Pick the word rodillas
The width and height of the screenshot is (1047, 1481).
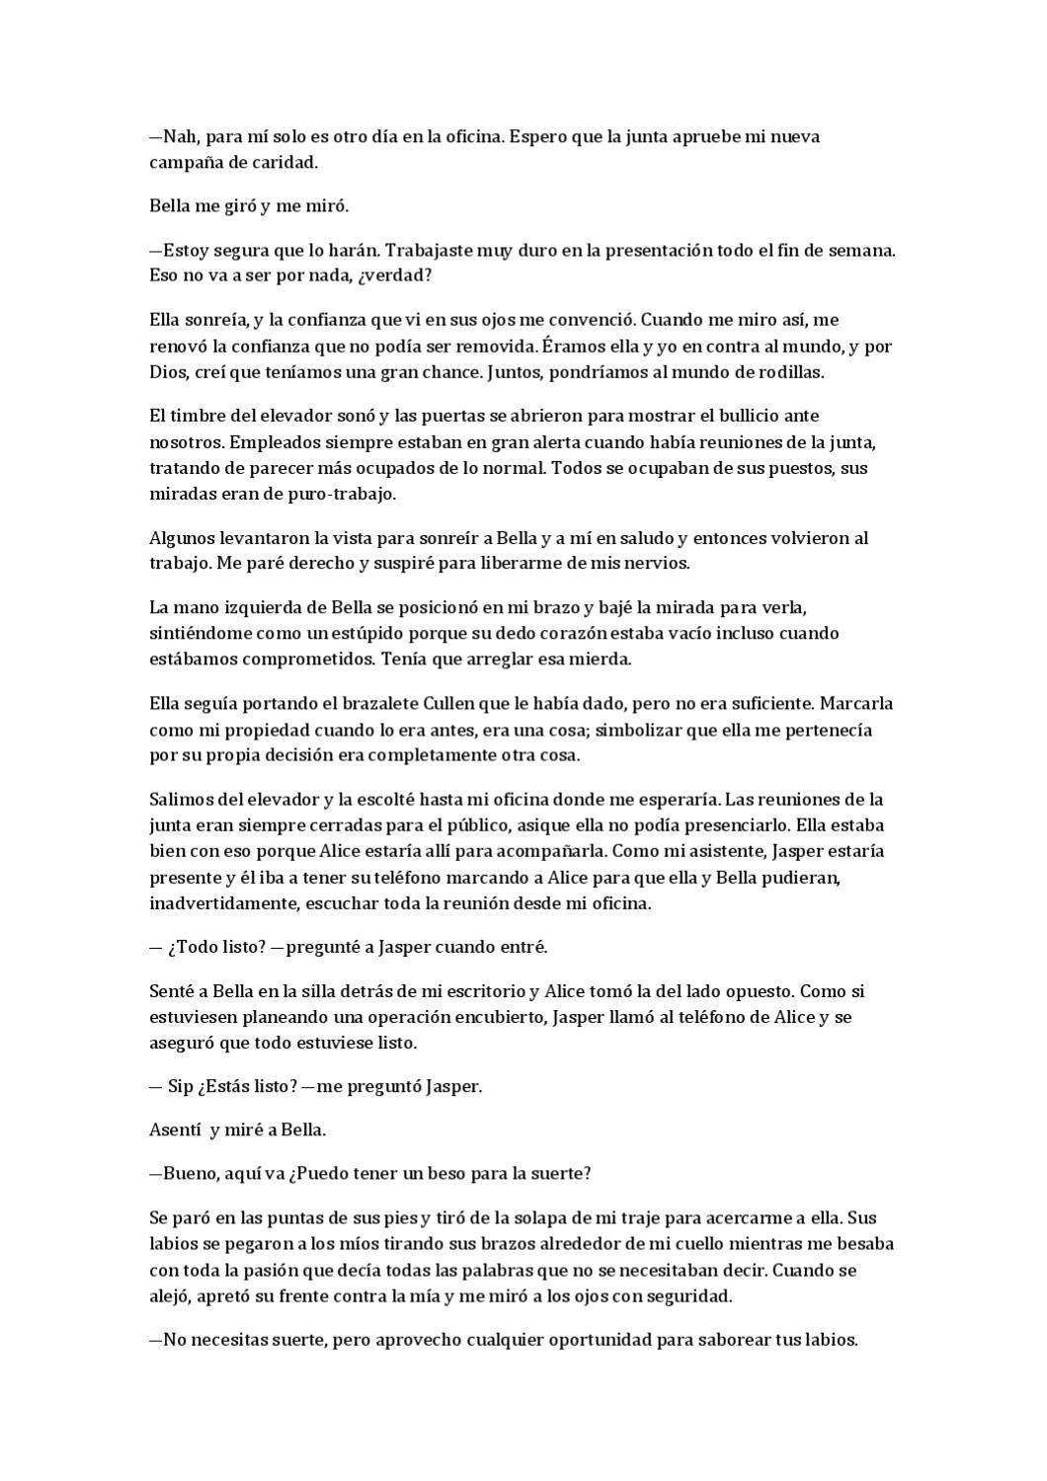pyautogui.click(x=791, y=372)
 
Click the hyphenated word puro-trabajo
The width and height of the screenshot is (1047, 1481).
pyautogui.click(x=347, y=494)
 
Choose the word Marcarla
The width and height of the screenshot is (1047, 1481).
pyautogui.click(x=856, y=704)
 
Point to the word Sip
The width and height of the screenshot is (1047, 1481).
pyautogui.click(x=180, y=1086)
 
